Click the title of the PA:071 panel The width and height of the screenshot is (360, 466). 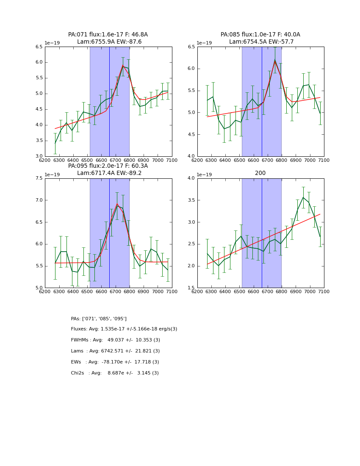coord(108,38)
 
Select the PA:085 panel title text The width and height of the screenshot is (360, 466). coord(260,38)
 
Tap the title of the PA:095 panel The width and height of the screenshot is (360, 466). coord(108,169)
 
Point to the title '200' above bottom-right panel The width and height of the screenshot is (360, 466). coord(260,173)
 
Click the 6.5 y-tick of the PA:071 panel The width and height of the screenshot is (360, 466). coord(39,47)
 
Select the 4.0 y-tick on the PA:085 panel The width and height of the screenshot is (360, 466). coord(191,156)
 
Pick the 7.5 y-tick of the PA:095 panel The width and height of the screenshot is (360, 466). coord(39,178)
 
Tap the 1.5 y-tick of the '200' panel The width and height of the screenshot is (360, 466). coord(191,288)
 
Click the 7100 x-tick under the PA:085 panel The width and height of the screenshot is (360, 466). coord(324,161)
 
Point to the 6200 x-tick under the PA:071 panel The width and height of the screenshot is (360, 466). coord(45,161)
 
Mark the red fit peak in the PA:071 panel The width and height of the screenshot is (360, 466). coord(123,65)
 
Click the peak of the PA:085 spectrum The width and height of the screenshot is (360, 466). coord(275,60)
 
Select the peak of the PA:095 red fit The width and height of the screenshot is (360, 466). coord(117,204)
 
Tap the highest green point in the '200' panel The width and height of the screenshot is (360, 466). coord(303,197)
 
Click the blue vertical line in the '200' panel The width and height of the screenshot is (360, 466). coord(262,233)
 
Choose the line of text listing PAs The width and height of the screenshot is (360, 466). coord(99,319)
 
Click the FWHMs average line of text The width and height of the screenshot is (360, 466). coord(116,340)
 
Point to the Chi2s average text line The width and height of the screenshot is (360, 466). coord(115,373)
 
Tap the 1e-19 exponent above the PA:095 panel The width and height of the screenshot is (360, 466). coord(53,175)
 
